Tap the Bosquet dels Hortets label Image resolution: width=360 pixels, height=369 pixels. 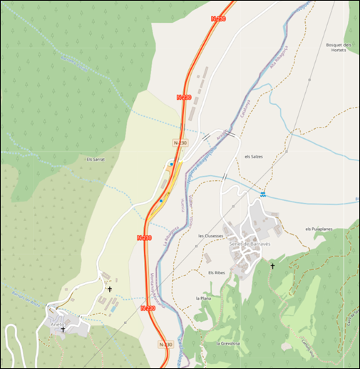coord(335,48)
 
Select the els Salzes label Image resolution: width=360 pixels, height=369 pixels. coord(254,157)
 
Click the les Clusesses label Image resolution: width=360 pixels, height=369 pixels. coord(211,235)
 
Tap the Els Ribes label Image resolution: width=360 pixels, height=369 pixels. coord(217,273)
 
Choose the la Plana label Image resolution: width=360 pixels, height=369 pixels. coord(204,298)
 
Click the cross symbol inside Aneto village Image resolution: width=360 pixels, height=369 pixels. coord(63,330)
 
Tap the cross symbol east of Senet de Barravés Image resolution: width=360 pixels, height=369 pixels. coord(272,266)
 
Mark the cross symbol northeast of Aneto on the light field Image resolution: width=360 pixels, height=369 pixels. coord(109,289)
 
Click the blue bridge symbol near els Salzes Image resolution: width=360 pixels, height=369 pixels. coord(262,194)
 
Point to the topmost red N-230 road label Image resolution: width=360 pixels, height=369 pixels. coord(219,19)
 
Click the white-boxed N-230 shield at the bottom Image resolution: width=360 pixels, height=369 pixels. coord(165,345)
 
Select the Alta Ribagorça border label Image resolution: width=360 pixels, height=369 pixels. coord(278,57)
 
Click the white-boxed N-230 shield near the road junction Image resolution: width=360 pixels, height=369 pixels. coord(181,143)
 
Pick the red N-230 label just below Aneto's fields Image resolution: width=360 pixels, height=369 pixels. coord(148,308)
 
